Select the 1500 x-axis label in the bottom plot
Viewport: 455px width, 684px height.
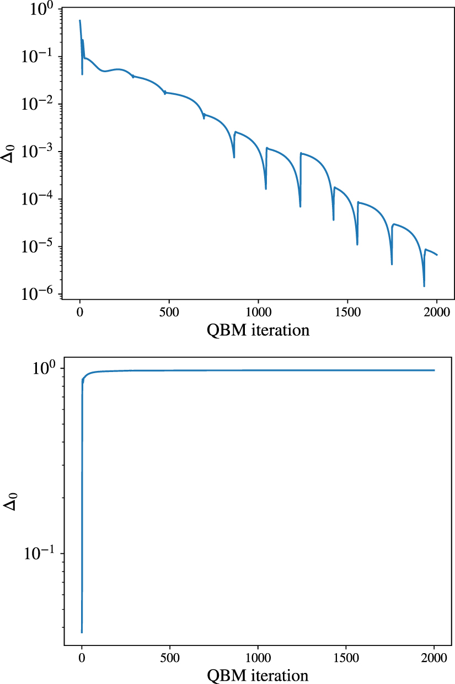(346, 658)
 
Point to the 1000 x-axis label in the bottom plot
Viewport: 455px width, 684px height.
(258, 658)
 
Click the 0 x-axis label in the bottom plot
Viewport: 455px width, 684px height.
(82, 658)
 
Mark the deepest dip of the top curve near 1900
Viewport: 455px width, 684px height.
(424, 286)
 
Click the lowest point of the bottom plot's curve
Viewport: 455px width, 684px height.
(82, 632)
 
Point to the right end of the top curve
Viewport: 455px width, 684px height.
(437, 255)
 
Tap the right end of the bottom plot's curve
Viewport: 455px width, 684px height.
(434, 370)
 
